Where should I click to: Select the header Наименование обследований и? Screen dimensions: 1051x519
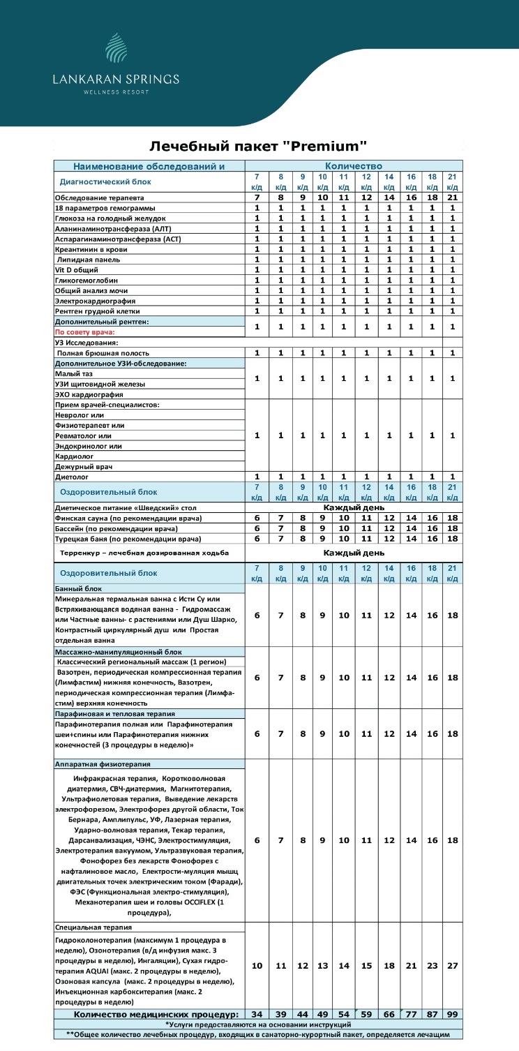click(x=149, y=166)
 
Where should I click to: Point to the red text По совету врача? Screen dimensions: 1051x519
click(x=85, y=331)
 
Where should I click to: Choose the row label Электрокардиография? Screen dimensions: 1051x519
click(x=96, y=300)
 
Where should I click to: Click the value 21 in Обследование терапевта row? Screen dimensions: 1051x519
click(x=451, y=197)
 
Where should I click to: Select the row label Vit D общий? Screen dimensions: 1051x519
click(x=77, y=269)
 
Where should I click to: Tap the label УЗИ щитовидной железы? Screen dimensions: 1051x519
click(x=100, y=384)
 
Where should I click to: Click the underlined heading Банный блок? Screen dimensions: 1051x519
click(x=78, y=588)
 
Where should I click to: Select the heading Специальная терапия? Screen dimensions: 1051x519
click(x=93, y=927)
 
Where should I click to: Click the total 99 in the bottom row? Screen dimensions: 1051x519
click(x=451, y=1013)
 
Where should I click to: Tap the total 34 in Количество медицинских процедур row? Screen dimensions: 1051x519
click(x=257, y=1013)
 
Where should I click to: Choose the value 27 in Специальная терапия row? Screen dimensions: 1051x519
click(x=451, y=966)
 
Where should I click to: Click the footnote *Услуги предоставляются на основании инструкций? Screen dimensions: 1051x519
click(x=258, y=1024)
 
